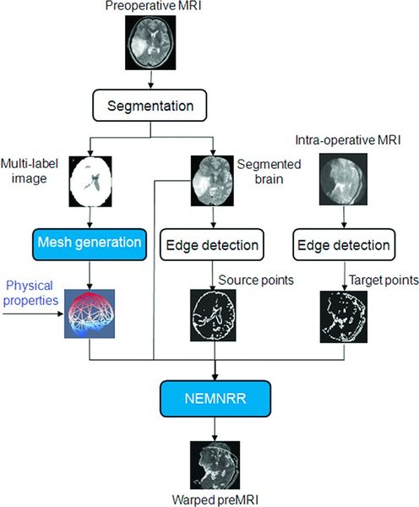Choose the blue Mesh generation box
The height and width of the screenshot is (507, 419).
92,243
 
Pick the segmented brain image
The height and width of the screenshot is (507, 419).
216,179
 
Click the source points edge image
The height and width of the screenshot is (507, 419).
216,324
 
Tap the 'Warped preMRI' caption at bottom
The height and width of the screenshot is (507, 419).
216,499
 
